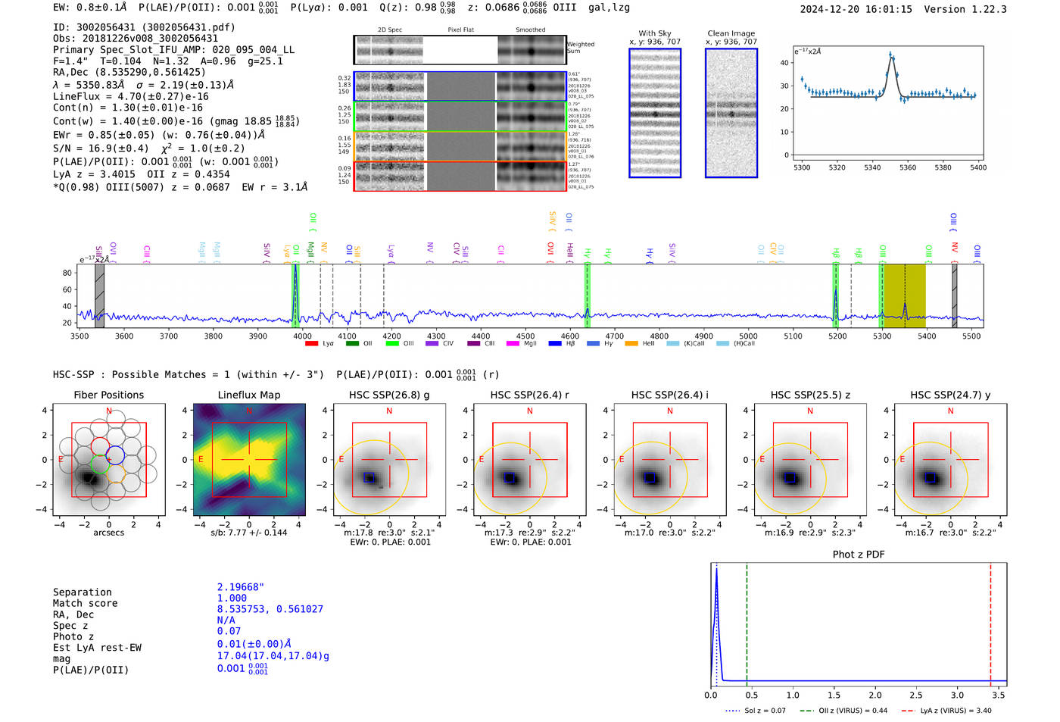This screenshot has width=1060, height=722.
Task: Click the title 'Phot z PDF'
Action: click(859, 555)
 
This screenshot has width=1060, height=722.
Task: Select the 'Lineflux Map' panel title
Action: click(248, 395)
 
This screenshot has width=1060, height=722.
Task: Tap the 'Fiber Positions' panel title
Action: click(108, 395)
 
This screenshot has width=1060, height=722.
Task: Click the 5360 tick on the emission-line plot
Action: click(907, 167)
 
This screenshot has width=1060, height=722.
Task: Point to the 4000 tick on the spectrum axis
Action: click(302, 336)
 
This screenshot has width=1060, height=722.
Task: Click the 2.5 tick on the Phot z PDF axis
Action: click(916, 695)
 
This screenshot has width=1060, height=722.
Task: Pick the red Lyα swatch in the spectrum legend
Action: click(311, 344)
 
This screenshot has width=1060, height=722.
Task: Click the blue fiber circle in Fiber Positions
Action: click(115, 456)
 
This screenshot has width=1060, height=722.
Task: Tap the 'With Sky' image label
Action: click(654, 33)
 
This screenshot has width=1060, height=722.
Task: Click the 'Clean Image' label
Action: click(731, 33)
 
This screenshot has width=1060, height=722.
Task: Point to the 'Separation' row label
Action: click(82, 592)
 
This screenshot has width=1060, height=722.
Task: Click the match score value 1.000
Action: click(232, 599)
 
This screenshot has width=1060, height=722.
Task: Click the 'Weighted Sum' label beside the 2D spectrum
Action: click(580, 48)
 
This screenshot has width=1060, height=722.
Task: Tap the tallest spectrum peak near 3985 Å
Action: click(295, 267)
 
